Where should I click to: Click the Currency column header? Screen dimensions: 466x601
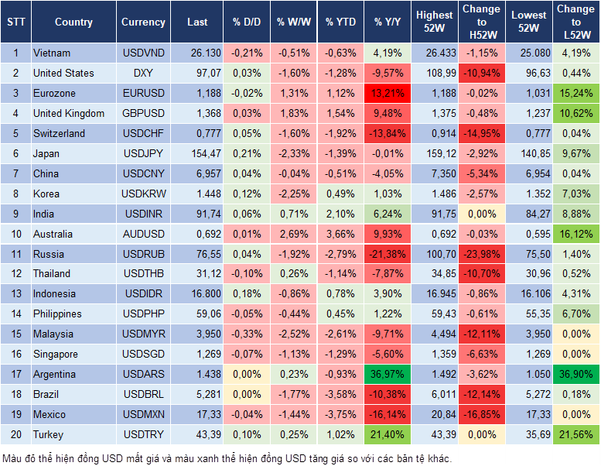[x=143, y=22]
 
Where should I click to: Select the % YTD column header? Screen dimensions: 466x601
[x=340, y=22]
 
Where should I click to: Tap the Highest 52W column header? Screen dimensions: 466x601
[x=434, y=22]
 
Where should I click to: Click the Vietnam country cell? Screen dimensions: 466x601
[x=53, y=53]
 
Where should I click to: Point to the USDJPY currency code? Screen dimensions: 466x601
[x=143, y=153]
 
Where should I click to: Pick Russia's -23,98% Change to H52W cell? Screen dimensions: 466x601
[x=482, y=254]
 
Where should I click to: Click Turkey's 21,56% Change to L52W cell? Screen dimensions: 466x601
[x=576, y=434]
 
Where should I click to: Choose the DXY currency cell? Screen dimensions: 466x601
[x=143, y=74]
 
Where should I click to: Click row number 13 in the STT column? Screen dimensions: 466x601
[x=15, y=294]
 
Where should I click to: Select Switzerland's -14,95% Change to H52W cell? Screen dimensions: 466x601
[x=482, y=133]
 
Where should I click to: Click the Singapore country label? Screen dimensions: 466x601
[x=56, y=354]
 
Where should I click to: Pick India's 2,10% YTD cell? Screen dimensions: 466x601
[x=340, y=214]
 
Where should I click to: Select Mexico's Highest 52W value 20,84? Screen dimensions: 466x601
[x=434, y=414]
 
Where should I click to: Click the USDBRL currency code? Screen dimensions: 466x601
[x=143, y=394]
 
